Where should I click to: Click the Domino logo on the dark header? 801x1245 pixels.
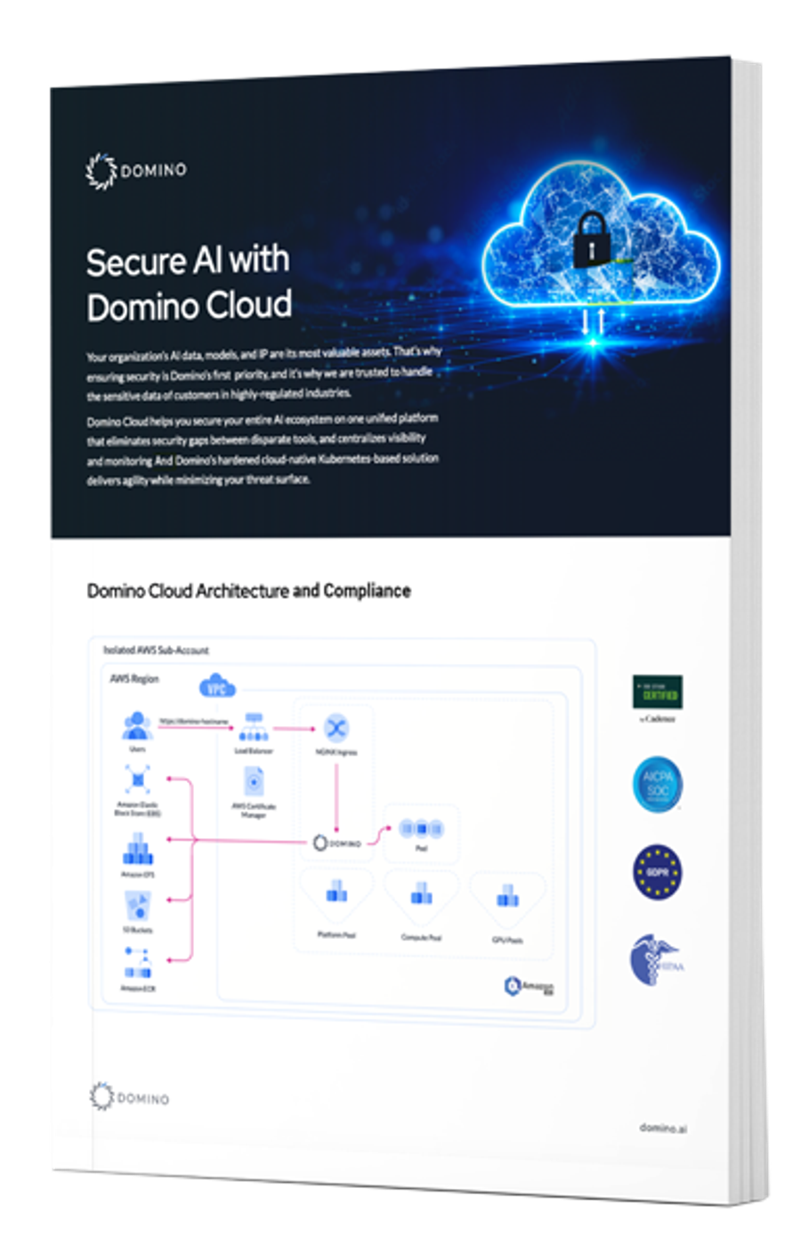[136, 170]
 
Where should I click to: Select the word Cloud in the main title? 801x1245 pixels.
[247, 305]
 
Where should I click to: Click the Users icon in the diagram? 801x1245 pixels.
[137, 726]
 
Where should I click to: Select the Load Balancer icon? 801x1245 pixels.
[254, 727]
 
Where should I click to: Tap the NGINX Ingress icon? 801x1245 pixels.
[336, 729]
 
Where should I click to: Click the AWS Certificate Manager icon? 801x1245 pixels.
[254, 782]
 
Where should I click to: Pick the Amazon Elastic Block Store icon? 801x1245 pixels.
[137, 780]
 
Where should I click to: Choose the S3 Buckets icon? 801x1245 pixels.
[137, 907]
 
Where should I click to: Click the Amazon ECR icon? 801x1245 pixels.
[137, 963]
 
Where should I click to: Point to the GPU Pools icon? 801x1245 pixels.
[507, 897]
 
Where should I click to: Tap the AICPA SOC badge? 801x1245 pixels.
[658, 784]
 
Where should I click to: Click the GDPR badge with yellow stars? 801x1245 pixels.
[658, 872]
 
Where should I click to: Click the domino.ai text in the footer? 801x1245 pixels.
[663, 1128]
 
